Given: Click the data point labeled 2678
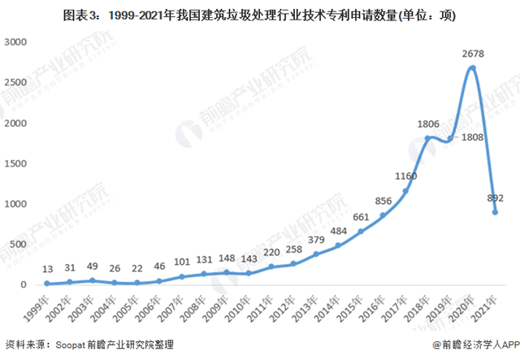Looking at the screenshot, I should [472, 67].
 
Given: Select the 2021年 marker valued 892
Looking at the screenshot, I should [495, 212].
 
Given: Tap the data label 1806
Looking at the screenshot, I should [427, 124].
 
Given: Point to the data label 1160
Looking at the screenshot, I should [405, 176].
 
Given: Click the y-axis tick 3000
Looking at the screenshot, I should [15, 41].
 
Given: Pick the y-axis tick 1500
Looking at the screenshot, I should [15, 163].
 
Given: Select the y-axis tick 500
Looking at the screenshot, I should [19, 244].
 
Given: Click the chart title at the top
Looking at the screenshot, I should [259, 15].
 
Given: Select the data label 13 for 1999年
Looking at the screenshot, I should [47, 269].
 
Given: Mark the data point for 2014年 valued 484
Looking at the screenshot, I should [338, 245].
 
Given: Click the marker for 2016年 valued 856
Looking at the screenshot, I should [383, 215].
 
